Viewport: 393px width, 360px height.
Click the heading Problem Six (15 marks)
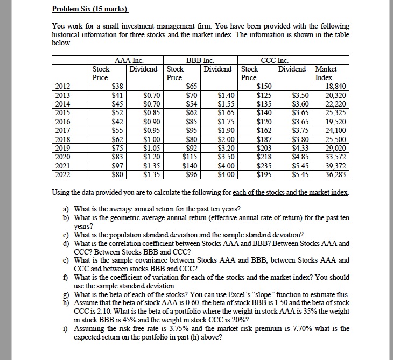pyautogui.click(x=86, y=9)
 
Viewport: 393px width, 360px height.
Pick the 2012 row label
pyautogui.click(x=63, y=86)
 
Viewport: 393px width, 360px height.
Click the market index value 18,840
pyautogui.click(x=338, y=86)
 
